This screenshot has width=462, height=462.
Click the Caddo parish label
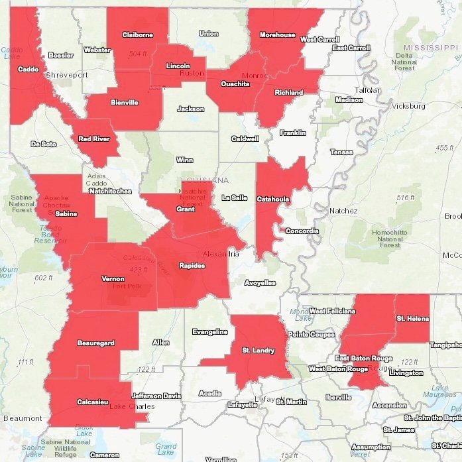[28, 69]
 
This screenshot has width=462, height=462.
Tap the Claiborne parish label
[137, 35]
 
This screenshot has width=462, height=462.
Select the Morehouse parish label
[277, 34]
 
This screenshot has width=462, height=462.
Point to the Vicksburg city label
[408, 106]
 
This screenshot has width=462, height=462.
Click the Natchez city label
[343, 211]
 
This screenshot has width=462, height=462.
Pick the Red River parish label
[93, 139]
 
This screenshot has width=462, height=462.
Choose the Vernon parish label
[112, 279]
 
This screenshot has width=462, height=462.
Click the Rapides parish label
[192, 266]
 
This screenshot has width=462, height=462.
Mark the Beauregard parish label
[95, 343]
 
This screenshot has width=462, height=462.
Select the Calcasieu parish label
[93, 401]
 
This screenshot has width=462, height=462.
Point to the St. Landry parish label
[255, 350]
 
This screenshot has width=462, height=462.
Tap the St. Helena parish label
[412, 319]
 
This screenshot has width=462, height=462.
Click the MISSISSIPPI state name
[431, 48]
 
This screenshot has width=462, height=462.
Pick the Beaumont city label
[23, 418]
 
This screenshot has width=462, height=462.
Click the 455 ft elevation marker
[445, 147]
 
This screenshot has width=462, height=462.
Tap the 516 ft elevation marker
[404, 198]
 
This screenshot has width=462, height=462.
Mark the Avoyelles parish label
[260, 282]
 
